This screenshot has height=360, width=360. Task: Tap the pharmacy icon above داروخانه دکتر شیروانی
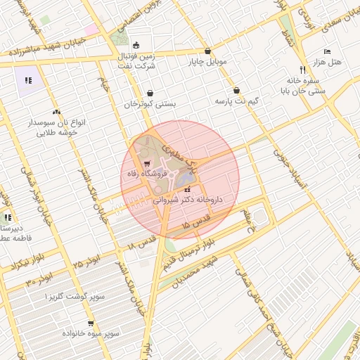187,189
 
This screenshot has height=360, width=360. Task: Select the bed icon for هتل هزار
327,52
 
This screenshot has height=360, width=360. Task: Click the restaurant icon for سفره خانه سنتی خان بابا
302,70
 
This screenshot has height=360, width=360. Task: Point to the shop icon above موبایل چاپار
207,51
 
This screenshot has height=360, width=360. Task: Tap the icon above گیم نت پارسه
236,91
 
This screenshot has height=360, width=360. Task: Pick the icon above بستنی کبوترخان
150,94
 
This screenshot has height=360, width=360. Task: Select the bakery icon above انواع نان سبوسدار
56,112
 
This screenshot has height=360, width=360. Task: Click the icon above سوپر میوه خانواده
91,323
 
